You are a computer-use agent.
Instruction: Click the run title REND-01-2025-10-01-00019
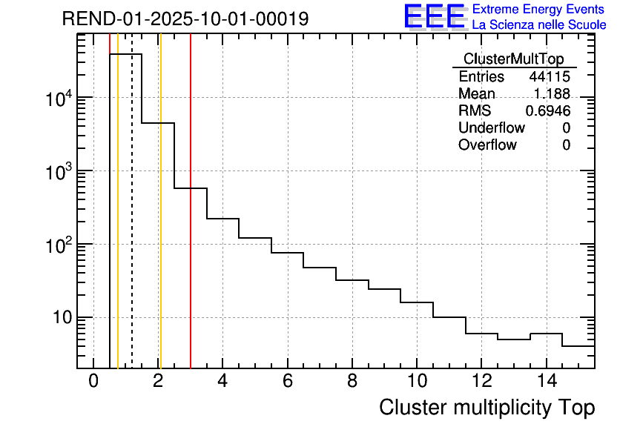[x=185, y=19]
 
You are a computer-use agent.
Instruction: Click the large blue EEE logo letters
[x=435, y=17]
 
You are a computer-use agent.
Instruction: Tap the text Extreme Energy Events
[x=539, y=10]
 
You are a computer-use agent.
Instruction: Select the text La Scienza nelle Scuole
[x=539, y=25]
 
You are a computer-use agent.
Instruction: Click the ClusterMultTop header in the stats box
[x=513, y=59]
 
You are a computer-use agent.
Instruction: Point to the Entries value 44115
[x=550, y=77]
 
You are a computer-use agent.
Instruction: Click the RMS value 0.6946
[x=548, y=111]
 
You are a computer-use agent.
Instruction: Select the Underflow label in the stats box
[x=492, y=128]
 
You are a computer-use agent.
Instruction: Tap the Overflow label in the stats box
[x=487, y=145]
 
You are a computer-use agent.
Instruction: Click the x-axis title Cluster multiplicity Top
[x=487, y=408]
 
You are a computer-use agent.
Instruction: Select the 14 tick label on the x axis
[x=545, y=382]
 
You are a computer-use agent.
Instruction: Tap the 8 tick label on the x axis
[x=352, y=382]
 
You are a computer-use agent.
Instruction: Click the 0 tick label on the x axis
[x=93, y=382]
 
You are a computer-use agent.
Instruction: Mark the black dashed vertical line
[x=132, y=222]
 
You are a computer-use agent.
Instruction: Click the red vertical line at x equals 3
[x=191, y=222]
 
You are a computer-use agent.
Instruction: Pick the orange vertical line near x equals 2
[x=160, y=222]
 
